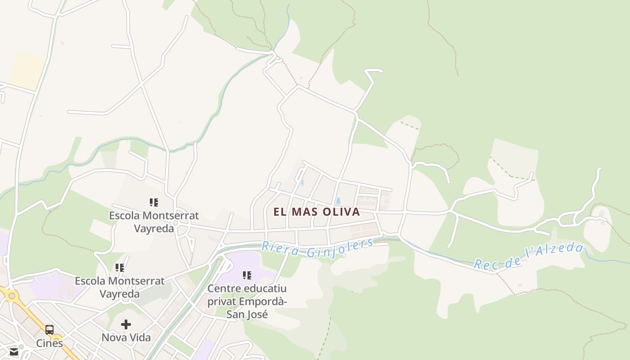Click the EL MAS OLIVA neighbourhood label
pos(317,212)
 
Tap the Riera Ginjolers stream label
pos(318,248)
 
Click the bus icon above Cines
pos(49,330)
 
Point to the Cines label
pos(49,343)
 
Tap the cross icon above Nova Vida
pos(126,324)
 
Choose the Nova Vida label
pos(126,337)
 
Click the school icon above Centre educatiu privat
pos(247,275)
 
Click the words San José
pos(247,314)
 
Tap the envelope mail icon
pos(14,351)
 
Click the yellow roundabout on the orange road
pos(11,296)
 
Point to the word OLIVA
pos(342,212)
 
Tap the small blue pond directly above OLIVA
pos(338,201)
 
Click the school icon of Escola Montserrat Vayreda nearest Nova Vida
pos(120,268)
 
